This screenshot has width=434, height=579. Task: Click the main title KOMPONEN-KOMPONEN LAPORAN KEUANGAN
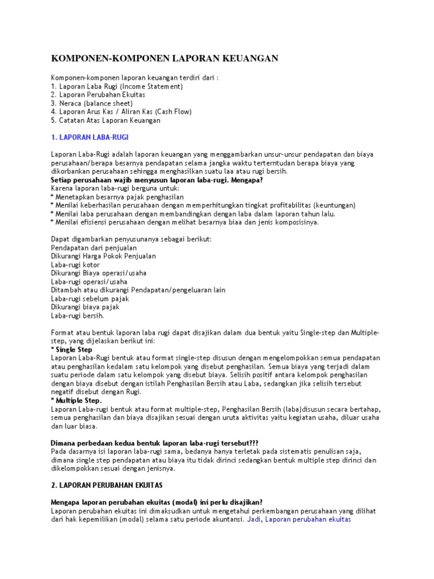pyautogui.click(x=164, y=58)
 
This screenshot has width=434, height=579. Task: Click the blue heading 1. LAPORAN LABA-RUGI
pyautogui.click(x=93, y=137)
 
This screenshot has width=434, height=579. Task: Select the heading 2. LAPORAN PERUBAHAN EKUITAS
pyautogui.click(x=107, y=485)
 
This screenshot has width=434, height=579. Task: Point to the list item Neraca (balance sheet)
pyautogui.click(x=92, y=103)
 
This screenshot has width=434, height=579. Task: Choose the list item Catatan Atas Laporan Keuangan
pyautogui.click(x=106, y=120)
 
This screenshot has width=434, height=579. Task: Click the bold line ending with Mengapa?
pyautogui.click(x=157, y=180)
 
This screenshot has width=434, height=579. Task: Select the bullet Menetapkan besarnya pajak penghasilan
pyautogui.click(x=117, y=197)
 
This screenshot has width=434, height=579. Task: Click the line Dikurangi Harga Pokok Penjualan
pyautogui.click(x=103, y=256)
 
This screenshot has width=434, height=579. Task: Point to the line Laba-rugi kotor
pyautogui.click(x=75, y=265)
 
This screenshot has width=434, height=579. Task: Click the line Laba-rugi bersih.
pyautogui.click(x=77, y=316)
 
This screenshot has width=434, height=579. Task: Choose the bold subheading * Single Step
pyautogui.click(x=71, y=349)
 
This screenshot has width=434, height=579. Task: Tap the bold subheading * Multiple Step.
pyautogui.click(x=76, y=400)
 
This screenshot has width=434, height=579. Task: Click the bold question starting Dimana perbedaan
pyautogui.click(x=154, y=443)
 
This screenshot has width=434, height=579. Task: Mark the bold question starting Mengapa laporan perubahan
pyautogui.click(x=157, y=502)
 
